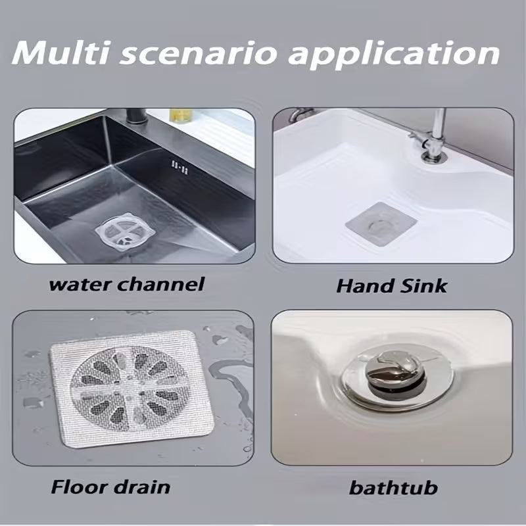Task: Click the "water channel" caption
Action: pyautogui.click(x=127, y=284)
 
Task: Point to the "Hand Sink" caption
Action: pyautogui.click(x=391, y=286)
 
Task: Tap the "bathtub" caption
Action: pyautogui.click(x=393, y=488)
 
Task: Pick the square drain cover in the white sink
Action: pyautogui.click(x=381, y=225)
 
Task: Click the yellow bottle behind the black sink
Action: pyautogui.click(x=180, y=114)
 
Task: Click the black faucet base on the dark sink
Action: pyautogui.click(x=137, y=121)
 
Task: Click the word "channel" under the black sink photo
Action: pyautogui.click(x=164, y=284)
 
